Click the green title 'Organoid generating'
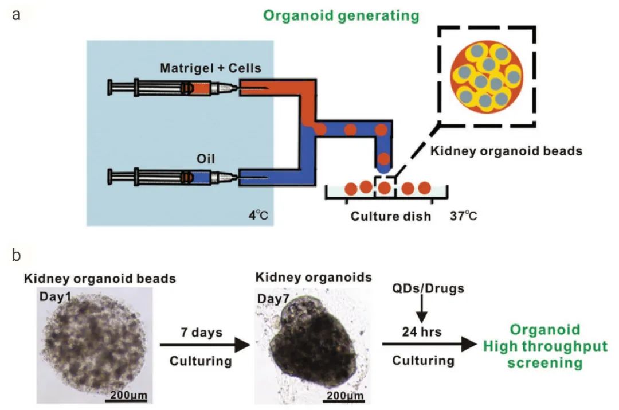(342, 15)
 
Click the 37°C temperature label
(464, 216)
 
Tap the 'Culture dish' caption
(390, 217)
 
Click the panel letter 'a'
(17, 14)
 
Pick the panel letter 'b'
(17, 255)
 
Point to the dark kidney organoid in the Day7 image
(309, 350)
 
